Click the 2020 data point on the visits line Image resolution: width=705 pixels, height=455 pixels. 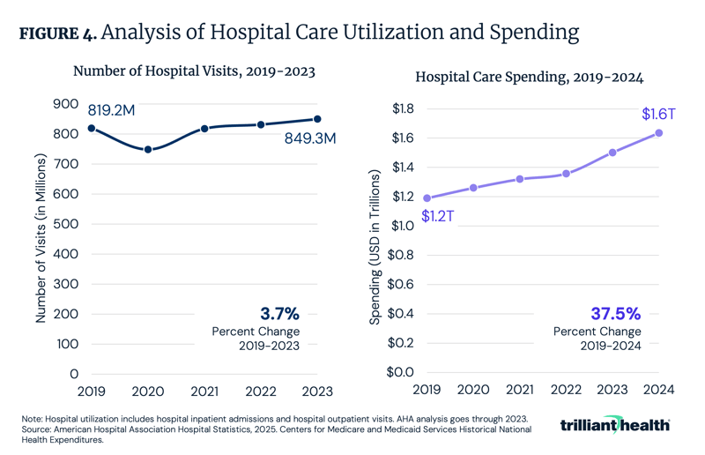coord(148,150)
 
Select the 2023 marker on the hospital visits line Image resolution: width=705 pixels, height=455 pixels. coord(317,119)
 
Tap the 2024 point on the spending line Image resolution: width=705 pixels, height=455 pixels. coord(658,133)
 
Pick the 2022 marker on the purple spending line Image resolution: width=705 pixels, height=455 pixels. coord(566,174)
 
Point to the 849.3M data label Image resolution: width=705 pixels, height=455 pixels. coord(309,138)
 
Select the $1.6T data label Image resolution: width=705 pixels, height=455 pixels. coord(658,114)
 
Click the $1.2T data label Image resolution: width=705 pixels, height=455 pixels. coord(438,216)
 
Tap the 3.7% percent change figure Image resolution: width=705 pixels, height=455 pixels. coord(279,313)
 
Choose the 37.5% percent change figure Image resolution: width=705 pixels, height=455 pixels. coord(614,313)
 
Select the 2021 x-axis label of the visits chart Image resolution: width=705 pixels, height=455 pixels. coord(204,392)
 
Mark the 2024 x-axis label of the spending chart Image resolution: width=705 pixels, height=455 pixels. coord(658,392)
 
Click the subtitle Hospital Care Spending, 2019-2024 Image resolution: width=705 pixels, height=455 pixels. coord(529,77)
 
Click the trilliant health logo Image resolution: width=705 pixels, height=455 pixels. coord(615,425)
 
